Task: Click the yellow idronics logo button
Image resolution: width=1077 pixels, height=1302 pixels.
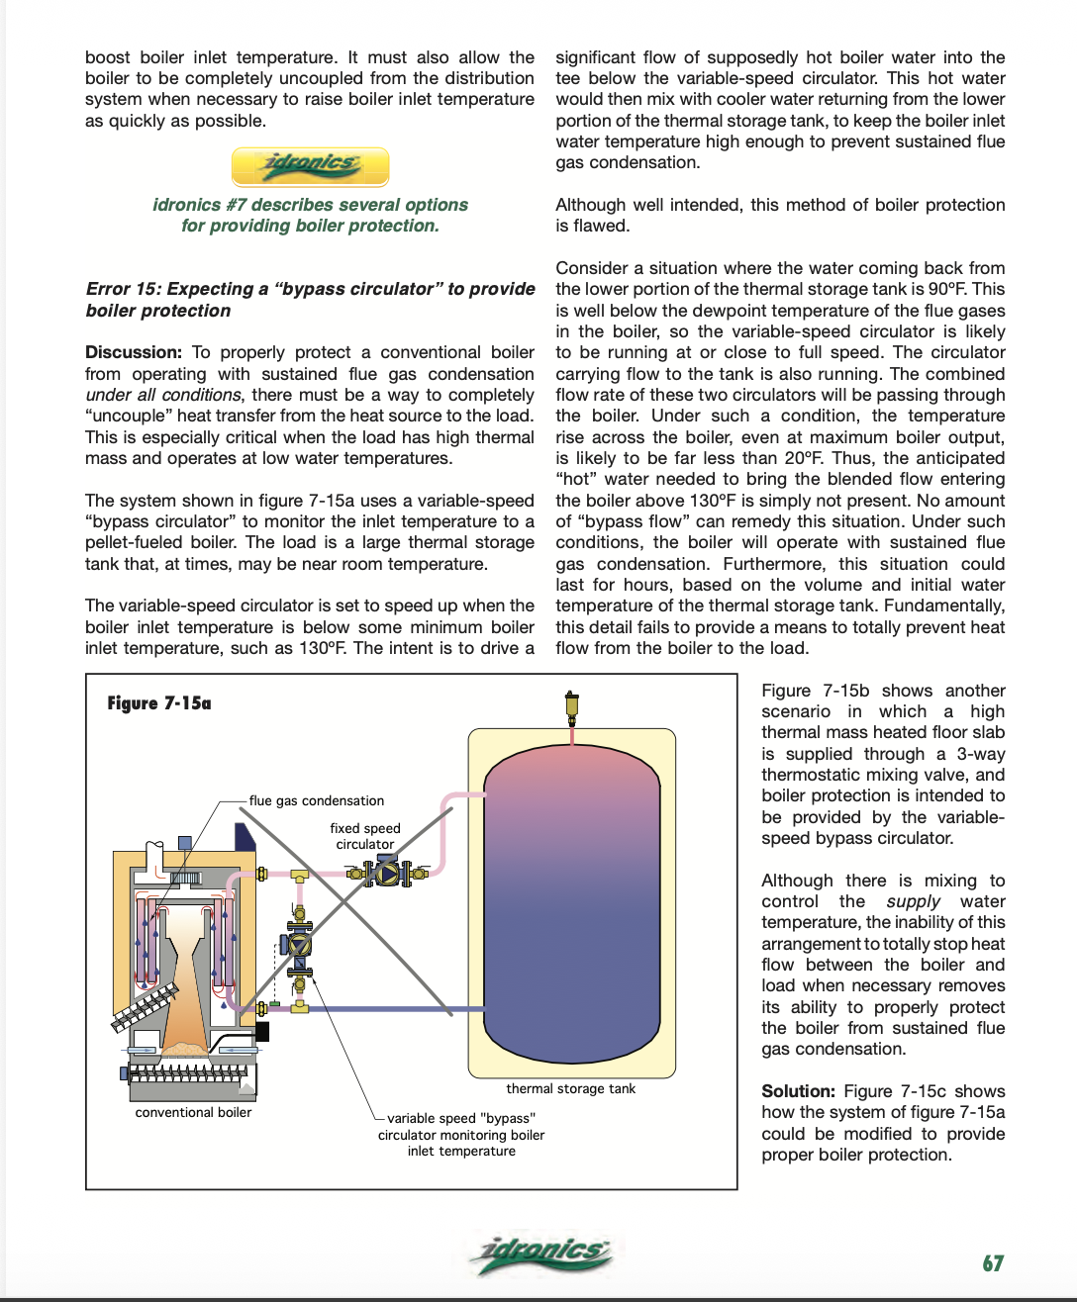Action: click(x=310, y=166)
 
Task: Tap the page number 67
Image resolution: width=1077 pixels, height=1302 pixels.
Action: click(x=993, y=1263)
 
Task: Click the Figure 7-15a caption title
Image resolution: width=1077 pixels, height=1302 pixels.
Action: click(x=159, y=703)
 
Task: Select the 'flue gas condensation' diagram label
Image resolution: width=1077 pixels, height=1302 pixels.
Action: click(x=317, y=800)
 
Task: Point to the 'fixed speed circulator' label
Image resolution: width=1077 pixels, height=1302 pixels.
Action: click(x=365, y=836)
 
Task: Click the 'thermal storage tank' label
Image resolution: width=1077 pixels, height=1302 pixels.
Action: click(x=570, y=1088)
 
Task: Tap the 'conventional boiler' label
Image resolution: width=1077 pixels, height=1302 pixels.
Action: click(x=193, y=1112)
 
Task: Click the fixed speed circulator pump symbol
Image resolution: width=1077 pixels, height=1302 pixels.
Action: click(x=387, y=874)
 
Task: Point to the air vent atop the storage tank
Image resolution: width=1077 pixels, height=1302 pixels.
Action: click(x=571, y=707)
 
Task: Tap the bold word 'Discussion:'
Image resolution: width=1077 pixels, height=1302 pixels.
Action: click(x=134, y=352)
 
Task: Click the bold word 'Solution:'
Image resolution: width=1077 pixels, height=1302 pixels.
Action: click(x=798, y=1091)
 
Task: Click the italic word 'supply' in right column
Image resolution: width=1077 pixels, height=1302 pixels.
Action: click(x=913, y=901)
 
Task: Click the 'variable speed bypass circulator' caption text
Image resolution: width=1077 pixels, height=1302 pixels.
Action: click(x=461, y=1135)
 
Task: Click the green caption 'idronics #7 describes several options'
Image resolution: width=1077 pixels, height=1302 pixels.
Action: click(x=310, y=205)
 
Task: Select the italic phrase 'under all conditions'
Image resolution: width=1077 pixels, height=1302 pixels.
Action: click(x=163, y=395)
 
